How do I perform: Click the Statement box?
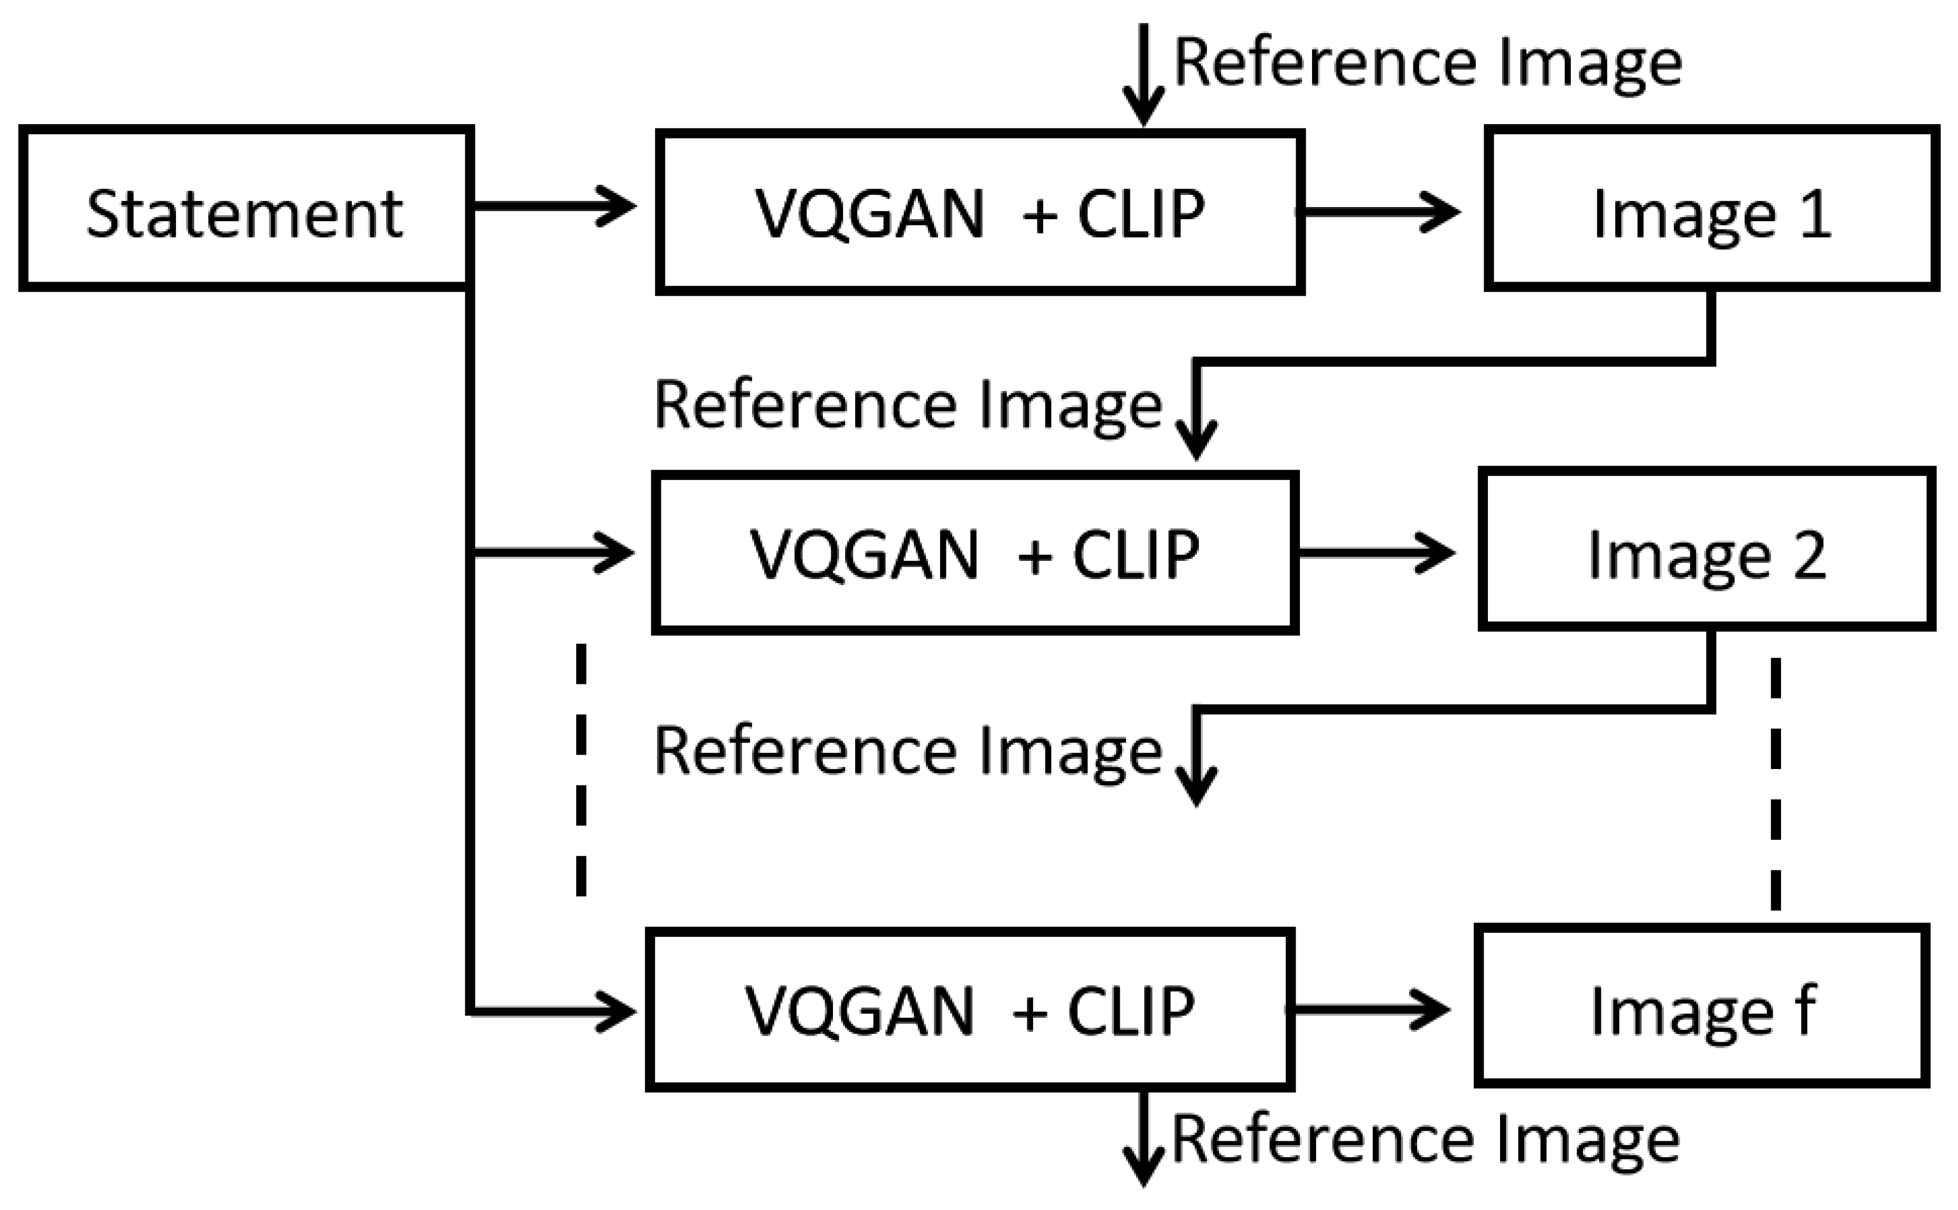pos(246,208)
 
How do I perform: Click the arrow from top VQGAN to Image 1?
pos(1380,212)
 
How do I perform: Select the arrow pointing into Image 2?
pos(1376,552)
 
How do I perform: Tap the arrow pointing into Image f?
pos(1372,1009)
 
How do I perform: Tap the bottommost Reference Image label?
pos(1425,1138)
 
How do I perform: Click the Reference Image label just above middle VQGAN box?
pos(907,404)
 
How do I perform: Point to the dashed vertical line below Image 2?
pos(1776,784)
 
